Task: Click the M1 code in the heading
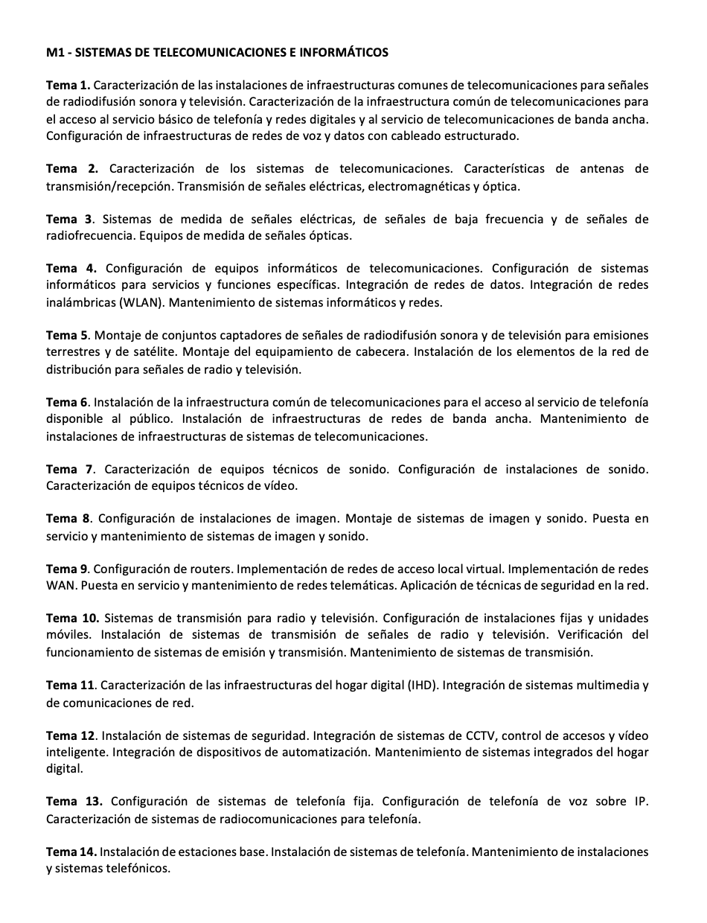(54, 52)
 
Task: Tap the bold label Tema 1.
(68, 85)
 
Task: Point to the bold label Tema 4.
(71, 268)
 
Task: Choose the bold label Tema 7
(70, 469)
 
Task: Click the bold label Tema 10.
(72, 618)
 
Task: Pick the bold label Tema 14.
(71, 852)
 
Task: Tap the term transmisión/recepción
(109, 186)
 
